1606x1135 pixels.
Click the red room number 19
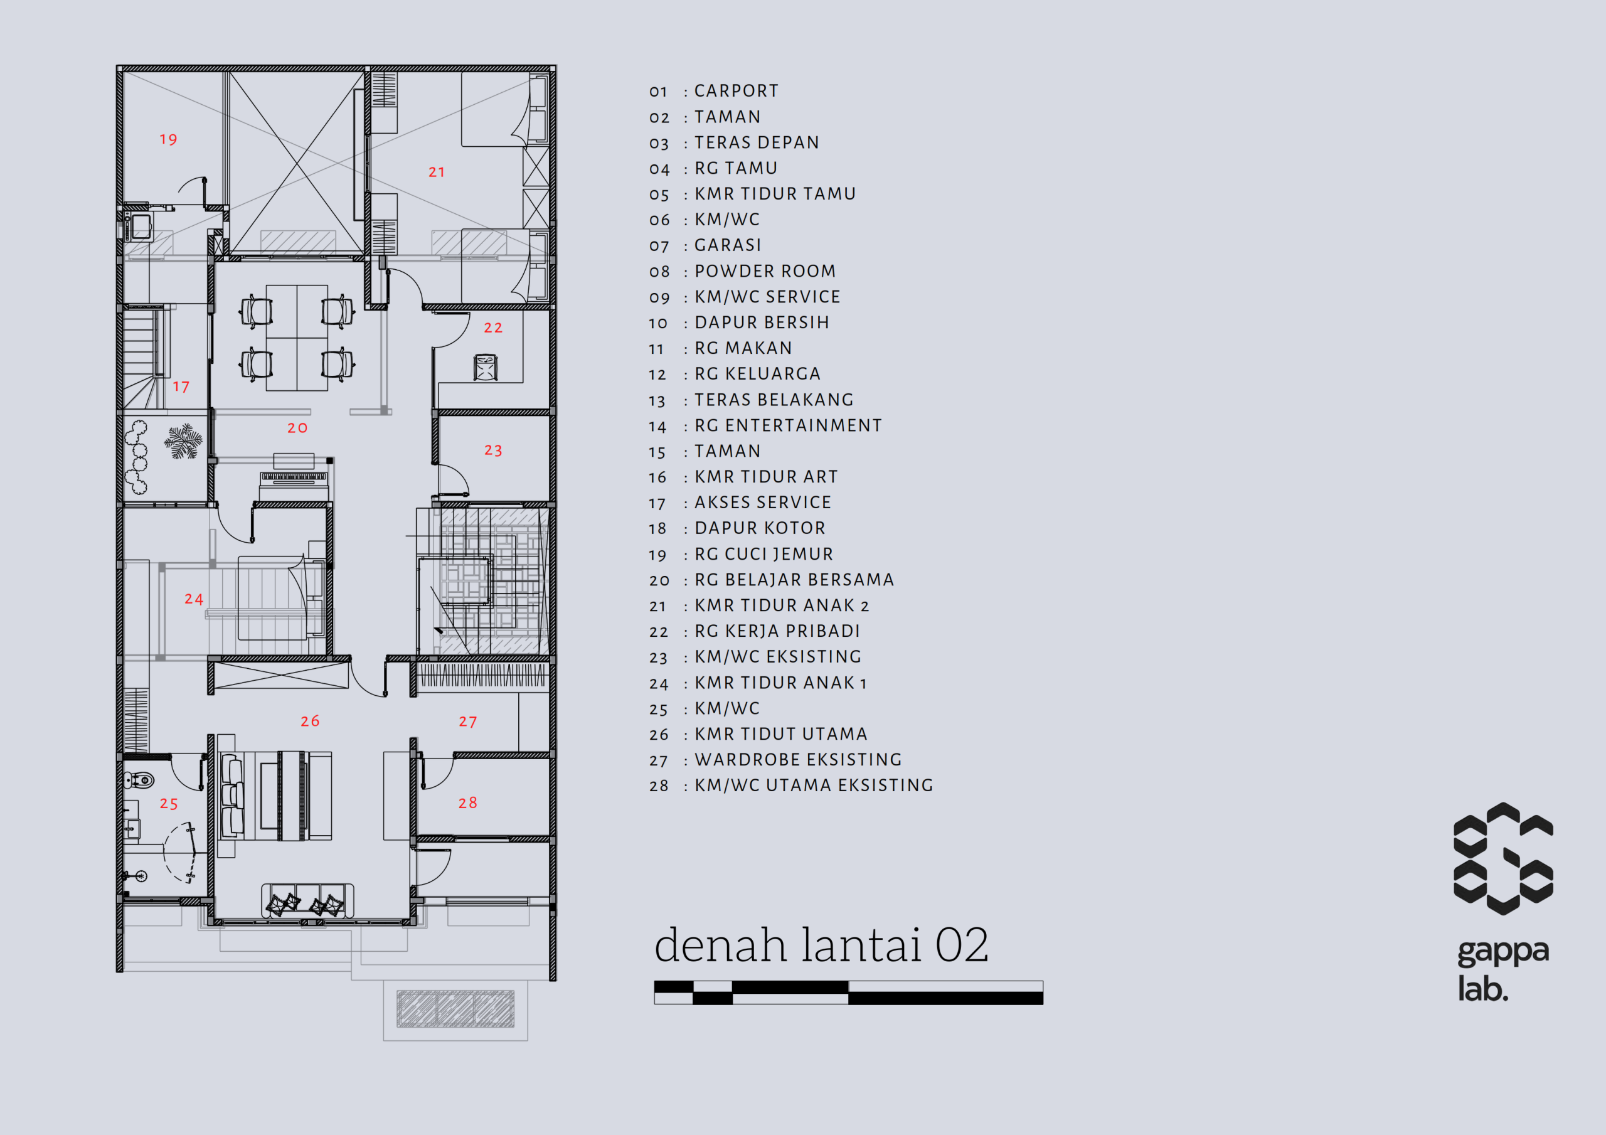coord(169,139)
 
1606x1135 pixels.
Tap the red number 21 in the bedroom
coord(437,172)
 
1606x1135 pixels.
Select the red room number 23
coord(494,450)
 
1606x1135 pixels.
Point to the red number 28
coord(468,802)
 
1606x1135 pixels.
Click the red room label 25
coord(169,804)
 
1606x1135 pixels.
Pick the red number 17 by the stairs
coord(181,387)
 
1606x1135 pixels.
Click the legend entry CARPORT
coord(737,91)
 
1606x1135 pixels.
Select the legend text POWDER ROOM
coord(765,271)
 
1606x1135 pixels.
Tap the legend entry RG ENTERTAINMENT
coord(789,425)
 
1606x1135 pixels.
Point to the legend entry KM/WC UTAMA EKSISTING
coord(814,785)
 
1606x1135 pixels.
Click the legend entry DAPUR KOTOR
coord(760,528)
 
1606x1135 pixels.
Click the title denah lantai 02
coord(822,945)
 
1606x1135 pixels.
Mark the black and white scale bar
coord(848,992)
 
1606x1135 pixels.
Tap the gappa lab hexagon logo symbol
coord(1503,858)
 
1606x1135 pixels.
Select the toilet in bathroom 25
coord(139,779)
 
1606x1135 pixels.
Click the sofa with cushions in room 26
coord(308,900)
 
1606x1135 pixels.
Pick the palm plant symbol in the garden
coord(183,441)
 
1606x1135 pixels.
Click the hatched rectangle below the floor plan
coord(455,1009)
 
